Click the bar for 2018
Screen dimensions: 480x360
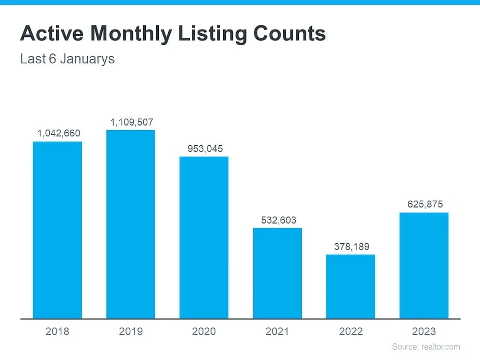pyautogui.click(x=57, y=230)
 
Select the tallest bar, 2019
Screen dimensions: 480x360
pyautogui.click(x=131, y=225)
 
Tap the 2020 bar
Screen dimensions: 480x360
pyautogui.click(x=204, y=238)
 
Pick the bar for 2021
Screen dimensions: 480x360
pyautogui.click(x=277, y=273)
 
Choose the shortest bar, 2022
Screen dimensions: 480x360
pyautogui.click(x=350, y=286)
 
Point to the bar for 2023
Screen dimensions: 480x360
pyautogui.click(x=424, y=266)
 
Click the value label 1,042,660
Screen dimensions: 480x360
pyautogui.click(x=59, y=133)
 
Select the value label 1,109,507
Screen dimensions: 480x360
pyautogui.click(x=132, y=122)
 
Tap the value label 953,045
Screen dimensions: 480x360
pyautogui.click(x=205, y=149)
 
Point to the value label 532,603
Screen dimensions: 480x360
pyautogui.click(x=279, y=220)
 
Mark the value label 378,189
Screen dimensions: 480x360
pyautogui.click(x=352, y=246)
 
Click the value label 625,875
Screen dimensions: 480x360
pyautogui.click(x=425, y=204)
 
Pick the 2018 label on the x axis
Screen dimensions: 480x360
pyautogui.click(x=57, y=331)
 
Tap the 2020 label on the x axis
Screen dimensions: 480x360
pyautogui.click(x=204, y=331)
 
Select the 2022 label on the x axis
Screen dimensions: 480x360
pyautogui.click(x=351, y=331)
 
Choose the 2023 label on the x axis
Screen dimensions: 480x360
pyautogui.click(x=424, y=331)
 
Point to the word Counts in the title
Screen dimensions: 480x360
pyautogui.click(x=290, y=33)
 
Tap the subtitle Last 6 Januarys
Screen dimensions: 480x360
pyautogui.click(x=67, y=59)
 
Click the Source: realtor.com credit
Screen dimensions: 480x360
pyautogui.click(x=426, y=347)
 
